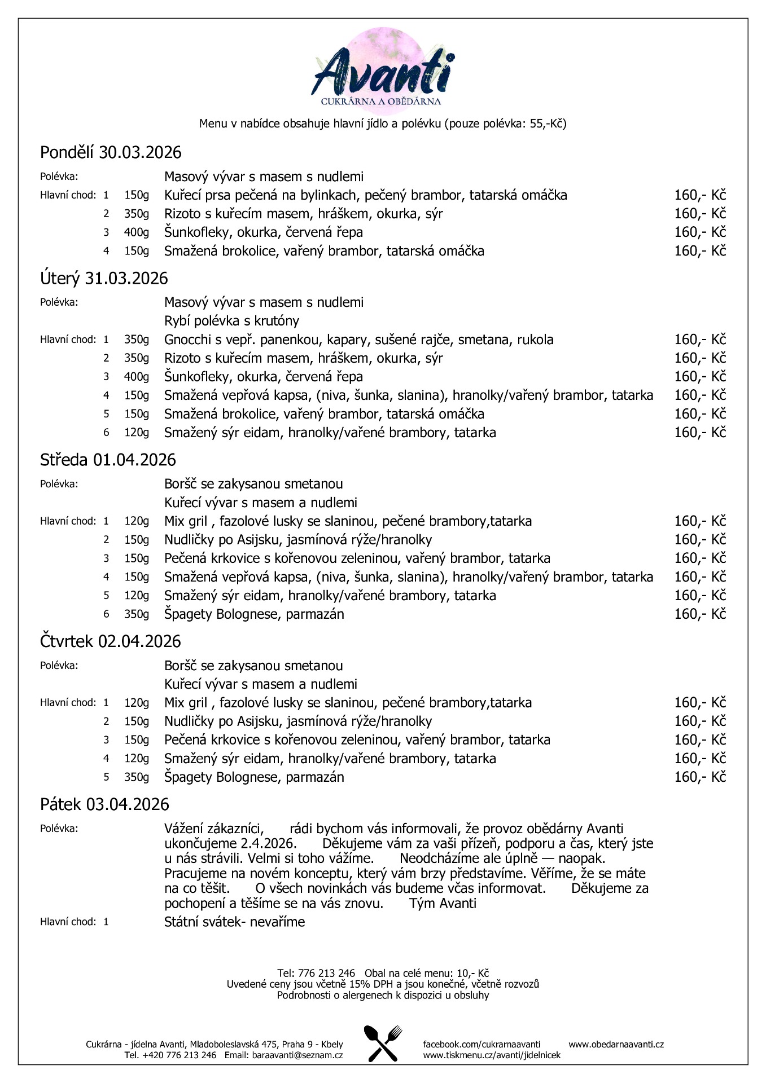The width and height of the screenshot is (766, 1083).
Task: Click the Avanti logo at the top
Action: coord(383,71)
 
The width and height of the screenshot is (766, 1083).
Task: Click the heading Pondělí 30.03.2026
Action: coord(111,152)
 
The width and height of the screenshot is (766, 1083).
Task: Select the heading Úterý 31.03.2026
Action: coord(104,278)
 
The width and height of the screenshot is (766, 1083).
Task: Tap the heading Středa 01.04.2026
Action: coord(108,460)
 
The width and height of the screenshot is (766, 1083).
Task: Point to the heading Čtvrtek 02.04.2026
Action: coord(111,641)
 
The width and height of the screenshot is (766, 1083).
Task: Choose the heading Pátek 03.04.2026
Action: coord(104,804)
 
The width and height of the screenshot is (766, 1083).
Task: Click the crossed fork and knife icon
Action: coord(383,1043)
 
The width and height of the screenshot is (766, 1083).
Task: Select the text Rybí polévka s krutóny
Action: coord(231,321)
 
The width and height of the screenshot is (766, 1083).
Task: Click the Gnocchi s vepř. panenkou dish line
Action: coord(358,340)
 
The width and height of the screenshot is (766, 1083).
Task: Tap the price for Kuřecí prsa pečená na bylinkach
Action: coord(699,195)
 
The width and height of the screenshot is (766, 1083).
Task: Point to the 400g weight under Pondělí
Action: coord(137,232)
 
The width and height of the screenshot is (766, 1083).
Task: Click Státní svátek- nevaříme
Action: coord(234,922)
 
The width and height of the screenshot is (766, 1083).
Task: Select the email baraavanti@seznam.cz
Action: coord(297,1055)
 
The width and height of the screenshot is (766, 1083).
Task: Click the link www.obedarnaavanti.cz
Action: coord(616,1044)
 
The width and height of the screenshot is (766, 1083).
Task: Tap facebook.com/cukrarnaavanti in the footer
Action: coord(482,1044)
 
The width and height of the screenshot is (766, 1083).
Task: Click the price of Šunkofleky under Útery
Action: coord(699,377)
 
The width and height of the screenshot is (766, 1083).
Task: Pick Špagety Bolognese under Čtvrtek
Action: coord(254,777)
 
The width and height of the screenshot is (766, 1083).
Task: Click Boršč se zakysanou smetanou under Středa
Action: coord(253,484)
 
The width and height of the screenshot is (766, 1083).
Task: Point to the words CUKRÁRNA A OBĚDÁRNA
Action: coord(380,102)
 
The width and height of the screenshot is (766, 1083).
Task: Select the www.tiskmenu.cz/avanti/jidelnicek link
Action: coord(492,1055)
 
